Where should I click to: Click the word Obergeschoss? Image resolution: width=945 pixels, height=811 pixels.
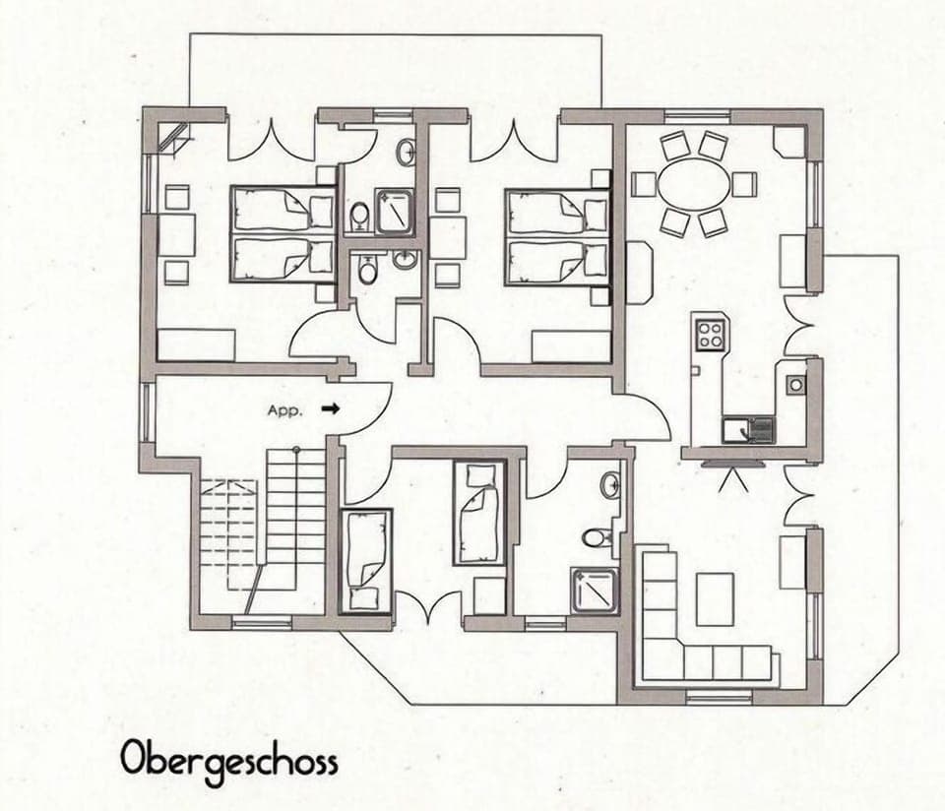[x=229, y=760]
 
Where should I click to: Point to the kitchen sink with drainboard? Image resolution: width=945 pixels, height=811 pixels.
[x=749, y=429]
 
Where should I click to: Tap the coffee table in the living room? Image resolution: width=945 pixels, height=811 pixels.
[x=715, y=598]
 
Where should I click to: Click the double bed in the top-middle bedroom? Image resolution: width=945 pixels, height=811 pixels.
[x=556, y=236]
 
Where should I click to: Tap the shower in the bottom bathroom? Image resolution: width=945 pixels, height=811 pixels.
[x=596, y=591]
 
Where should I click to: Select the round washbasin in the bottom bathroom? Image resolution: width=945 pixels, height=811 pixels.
[x=610, y=484]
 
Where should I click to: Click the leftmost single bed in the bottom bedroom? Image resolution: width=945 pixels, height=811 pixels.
[x=365, y=558]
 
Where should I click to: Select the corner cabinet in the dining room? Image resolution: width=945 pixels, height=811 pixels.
[x=789, y=140]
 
